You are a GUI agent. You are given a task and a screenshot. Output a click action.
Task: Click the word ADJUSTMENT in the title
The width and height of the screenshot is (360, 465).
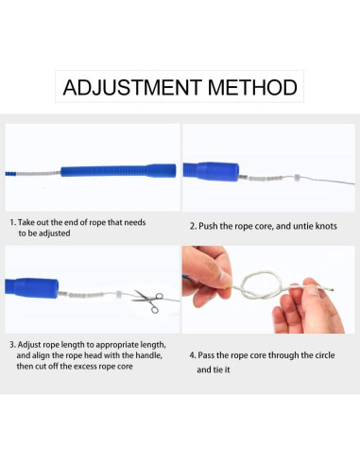tap(132, 87)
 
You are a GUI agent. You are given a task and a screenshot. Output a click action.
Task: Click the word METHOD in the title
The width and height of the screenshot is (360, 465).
tap(252, 87)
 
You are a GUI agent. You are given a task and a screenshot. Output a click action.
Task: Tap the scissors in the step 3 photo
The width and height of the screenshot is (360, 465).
tap(148, 301)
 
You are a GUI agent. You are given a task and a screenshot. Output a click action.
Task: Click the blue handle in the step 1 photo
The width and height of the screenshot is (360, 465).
tap(118, 170)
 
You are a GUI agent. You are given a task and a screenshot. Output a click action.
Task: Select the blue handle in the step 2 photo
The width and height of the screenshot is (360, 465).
tap(211, 172)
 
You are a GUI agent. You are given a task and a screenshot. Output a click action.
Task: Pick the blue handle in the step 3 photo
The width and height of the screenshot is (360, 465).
tap(31, 287)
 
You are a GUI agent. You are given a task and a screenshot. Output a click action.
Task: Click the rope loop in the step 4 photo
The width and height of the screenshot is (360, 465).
tap(261, 285)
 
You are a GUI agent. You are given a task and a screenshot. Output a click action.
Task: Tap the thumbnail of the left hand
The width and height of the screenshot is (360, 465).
tap(225, 279)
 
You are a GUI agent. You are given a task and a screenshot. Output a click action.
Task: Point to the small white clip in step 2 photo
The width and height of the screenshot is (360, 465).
tap(297, 178)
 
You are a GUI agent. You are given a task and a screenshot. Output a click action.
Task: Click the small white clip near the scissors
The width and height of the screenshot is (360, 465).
tap(118, 294)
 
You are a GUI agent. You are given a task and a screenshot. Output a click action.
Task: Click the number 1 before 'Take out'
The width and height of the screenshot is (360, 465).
tap(12, 222)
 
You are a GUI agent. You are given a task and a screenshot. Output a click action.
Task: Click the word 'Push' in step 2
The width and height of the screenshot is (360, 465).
tap(208, 226)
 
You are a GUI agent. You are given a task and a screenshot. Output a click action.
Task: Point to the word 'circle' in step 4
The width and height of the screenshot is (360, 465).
tap(323, 355)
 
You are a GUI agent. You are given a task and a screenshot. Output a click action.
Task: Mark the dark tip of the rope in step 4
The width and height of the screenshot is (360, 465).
tap(332, 289)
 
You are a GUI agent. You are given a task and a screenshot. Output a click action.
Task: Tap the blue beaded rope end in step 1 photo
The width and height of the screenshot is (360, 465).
tap(10, 174)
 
